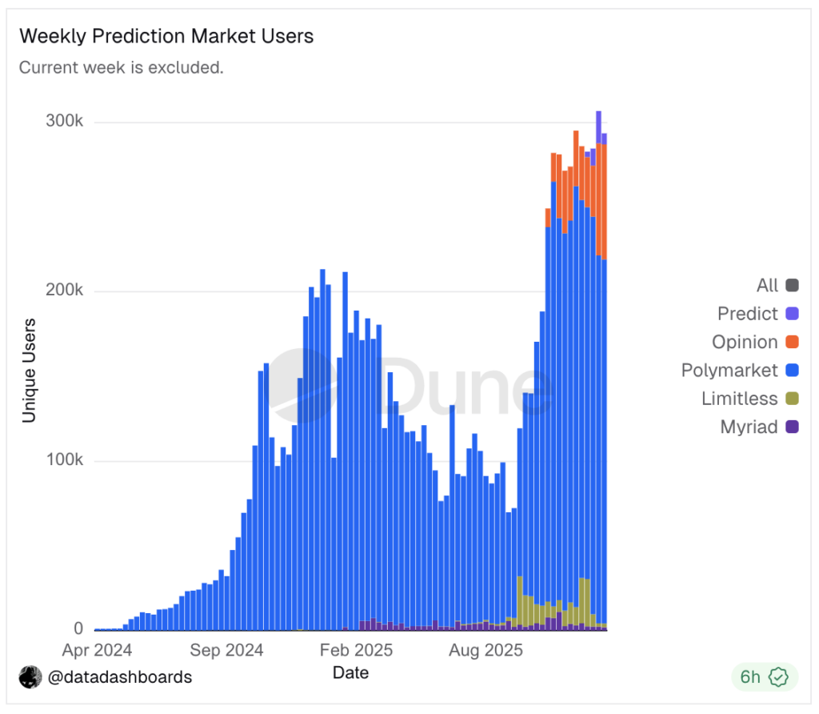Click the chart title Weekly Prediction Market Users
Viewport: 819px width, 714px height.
pos(166,36)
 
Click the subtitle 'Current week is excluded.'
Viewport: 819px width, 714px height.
pos(121,67)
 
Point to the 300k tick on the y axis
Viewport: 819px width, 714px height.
pos(66,122)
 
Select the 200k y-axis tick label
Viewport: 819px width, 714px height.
pos(66,291)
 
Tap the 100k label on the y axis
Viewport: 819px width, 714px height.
pos(66,461)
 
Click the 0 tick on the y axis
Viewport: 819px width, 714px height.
pos(78,629)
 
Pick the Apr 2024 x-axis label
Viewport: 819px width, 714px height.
pos(97,649)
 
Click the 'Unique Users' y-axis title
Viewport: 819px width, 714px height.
pos(30,371)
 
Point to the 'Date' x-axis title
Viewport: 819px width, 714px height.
pos(350,672)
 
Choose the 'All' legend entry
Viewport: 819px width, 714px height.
pos(767,285)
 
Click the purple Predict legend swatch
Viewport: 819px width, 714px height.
pos(792,314)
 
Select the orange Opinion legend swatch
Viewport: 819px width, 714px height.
pos(792,343)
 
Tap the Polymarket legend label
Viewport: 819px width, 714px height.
pos(729,371)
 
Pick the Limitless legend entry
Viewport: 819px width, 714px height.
pos(739,399)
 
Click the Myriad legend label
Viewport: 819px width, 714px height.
pos(749,427)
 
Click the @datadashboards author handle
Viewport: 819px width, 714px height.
pos(120,677)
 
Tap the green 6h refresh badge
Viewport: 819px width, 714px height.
pos(764,677)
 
